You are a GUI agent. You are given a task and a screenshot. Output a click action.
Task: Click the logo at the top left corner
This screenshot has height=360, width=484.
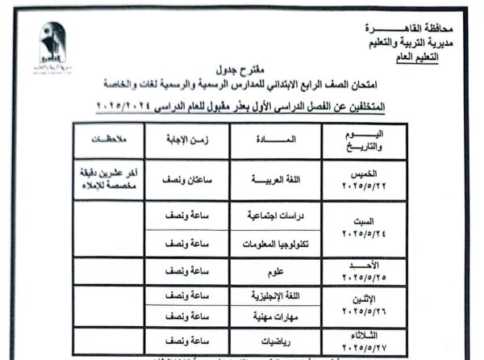pos(54,45)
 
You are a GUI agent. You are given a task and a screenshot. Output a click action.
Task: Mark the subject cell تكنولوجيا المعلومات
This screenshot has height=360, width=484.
pos(270,243)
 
